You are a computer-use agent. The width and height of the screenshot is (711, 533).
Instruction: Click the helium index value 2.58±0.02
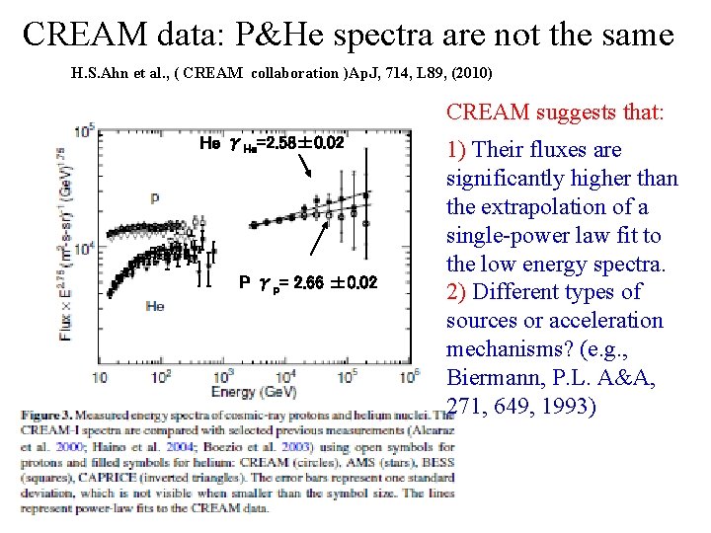(x=295, y=144)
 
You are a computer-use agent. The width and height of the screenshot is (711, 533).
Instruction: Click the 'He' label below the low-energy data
(x=154, y=307)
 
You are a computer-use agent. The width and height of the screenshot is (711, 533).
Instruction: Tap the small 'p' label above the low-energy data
(x=154, y=198)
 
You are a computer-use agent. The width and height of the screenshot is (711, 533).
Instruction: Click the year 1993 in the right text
(x=565, y=406)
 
